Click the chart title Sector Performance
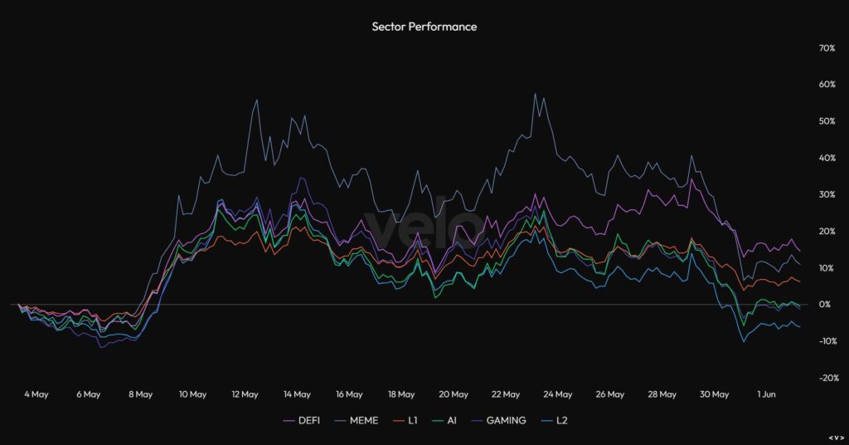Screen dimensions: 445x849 coord(424,27)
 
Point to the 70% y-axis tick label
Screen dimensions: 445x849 coord(826,48)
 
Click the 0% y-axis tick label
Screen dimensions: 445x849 coord(824,305)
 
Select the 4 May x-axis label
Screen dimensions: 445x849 coord(36,394)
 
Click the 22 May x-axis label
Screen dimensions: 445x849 coord(506,394)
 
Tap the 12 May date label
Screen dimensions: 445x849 coord(245,394)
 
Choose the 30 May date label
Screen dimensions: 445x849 coord(715,394)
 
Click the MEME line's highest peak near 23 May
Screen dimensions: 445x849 coord(536,94)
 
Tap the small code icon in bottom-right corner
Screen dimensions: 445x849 coord(836,438)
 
